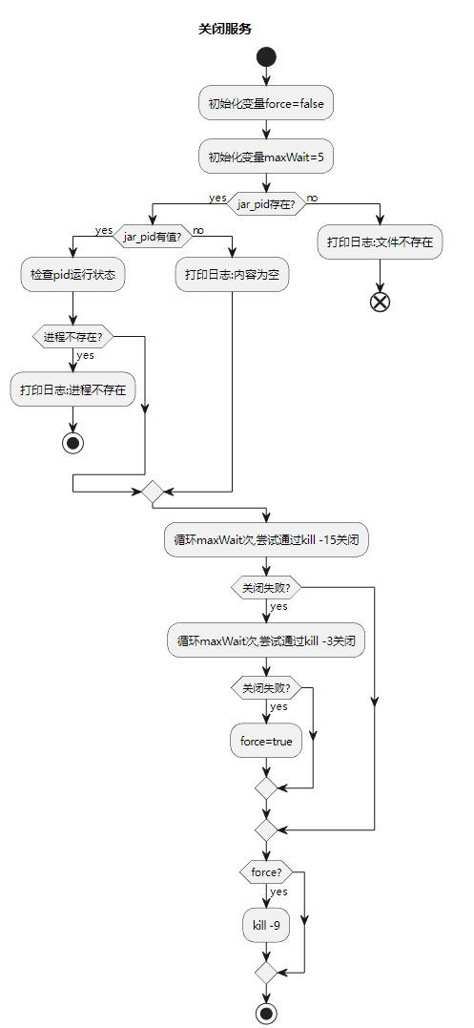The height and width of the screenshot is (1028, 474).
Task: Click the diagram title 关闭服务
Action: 225,29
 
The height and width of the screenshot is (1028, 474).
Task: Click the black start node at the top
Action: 266,56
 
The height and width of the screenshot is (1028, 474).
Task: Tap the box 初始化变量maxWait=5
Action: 266,157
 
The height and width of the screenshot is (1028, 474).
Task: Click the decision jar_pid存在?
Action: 266,203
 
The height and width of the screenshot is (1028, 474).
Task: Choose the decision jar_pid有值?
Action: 153,236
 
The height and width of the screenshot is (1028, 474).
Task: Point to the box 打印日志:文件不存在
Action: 380,242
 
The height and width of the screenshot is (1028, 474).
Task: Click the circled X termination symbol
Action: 380,302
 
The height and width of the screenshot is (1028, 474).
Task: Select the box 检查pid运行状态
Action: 73,274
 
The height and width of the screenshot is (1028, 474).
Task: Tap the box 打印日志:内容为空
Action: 232,274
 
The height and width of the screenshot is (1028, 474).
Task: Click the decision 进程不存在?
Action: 73,336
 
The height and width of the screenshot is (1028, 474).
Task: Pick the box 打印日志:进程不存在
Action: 73,389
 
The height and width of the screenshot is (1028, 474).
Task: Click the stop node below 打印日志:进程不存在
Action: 73,442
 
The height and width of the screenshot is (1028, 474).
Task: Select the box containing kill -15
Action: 266,540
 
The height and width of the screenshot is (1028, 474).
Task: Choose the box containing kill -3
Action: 266,640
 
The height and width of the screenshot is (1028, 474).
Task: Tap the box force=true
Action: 266,741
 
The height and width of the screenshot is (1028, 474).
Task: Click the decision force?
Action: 266,872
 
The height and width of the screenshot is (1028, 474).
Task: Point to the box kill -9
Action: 266,925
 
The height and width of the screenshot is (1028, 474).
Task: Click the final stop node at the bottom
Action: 266,1013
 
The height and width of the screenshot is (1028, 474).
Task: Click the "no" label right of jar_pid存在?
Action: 312,199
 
